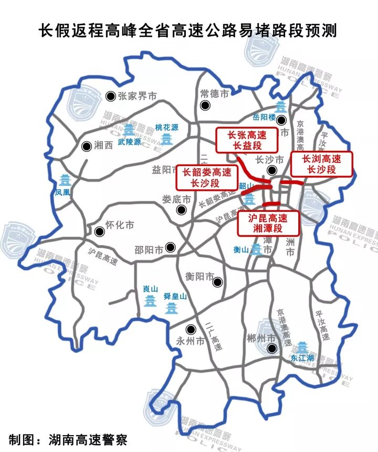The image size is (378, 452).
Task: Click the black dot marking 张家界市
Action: [111, 96]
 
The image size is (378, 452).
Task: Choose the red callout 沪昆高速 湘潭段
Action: [268, 223]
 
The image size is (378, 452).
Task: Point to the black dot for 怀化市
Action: [99, 231]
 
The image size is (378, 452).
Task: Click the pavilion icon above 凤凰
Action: [65, 181]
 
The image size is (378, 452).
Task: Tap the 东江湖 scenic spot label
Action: [302, 358]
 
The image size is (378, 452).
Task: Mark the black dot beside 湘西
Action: [86, 147]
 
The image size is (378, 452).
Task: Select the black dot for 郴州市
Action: [271, 348]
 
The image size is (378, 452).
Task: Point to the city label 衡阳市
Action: [200, 276]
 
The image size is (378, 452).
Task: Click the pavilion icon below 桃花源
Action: [167, 139]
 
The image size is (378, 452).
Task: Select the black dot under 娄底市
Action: [182, 210]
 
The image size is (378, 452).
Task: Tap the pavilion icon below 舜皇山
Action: [172, 307]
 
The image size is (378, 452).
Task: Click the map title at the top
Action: [188, 30]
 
